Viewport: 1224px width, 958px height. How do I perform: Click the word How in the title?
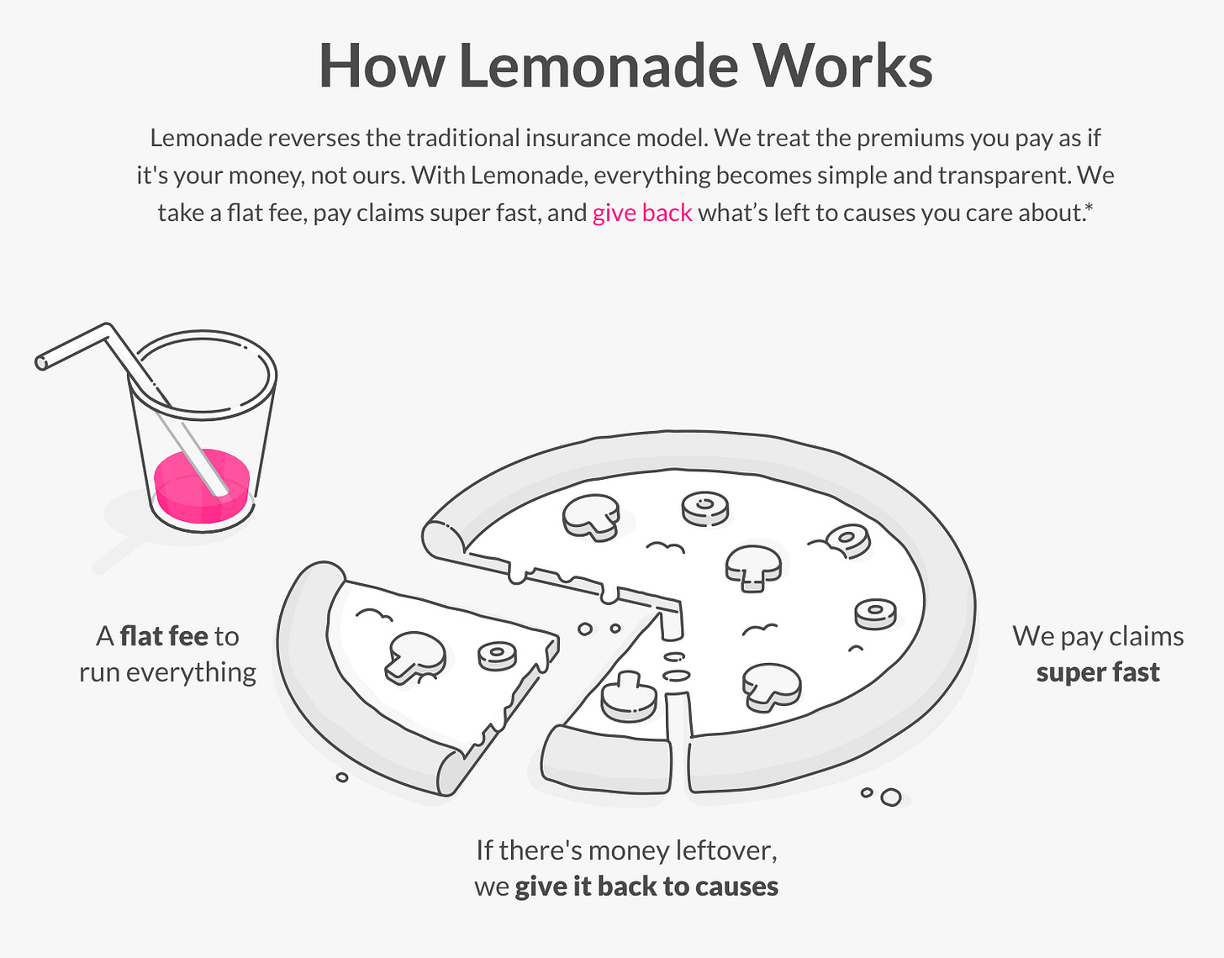click(x=382, y=66)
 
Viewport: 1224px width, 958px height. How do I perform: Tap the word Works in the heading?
click(x=843, y=66)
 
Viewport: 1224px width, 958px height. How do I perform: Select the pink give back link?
click(x=642, y=213)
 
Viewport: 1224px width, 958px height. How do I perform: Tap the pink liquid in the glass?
click(x=202, y=486)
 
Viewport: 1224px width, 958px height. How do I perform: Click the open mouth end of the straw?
click(x=41, y=362)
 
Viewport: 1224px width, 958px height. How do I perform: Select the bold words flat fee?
click(x=164, y=636)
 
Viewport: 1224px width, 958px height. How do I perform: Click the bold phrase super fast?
click(x=1098, y=672)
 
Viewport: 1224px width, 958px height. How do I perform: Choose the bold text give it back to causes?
click(x=646, y=886)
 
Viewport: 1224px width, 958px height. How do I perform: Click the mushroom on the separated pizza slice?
click(x=415, y=657)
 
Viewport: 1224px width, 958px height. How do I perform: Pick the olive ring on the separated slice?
click(x=497, y=656)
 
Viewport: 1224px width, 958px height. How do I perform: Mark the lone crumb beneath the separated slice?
click(x=342, y=777)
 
